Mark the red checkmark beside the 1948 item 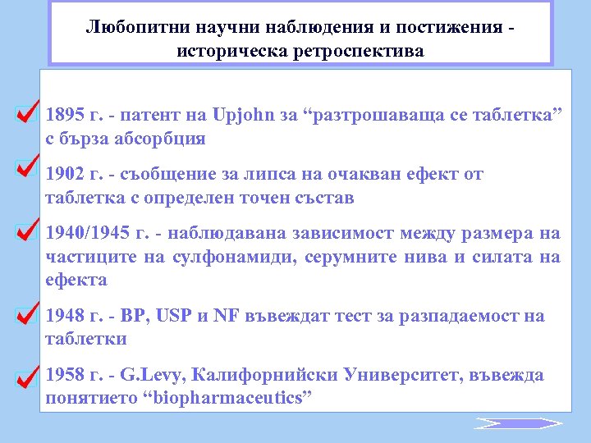tap(26, 313)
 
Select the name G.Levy tap(145, 376)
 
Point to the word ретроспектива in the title tap(355, 51)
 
